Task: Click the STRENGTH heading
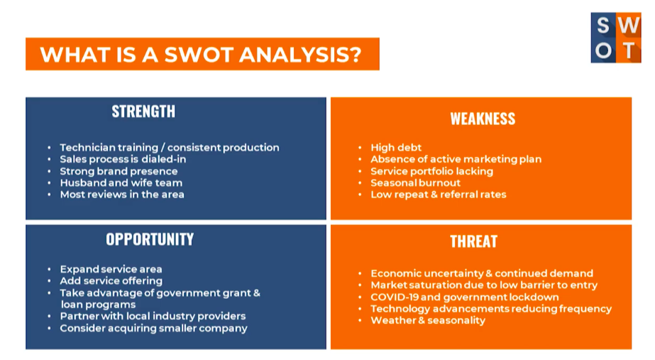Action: pyautogui.click(x=143, y=111)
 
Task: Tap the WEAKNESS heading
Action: pyautogui.click(x=483, y=119)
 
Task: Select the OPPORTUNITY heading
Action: pyautogui.click(x=150, y=239)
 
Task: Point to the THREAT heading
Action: pyautogui.click(x=474, y=241)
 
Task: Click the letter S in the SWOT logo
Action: pyautogui.click(x=602, y=26)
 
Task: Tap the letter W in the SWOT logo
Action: pyautogui.click(x=629, y=26)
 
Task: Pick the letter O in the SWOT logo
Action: pyautogui.click(x=604, y=51)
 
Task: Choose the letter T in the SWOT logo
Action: pyautogui.click(x=629, y=51)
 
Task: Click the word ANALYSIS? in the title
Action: pyautogui.click(x=300, y=55)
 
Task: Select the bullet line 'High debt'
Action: pyautogui.click(x=396, y=148)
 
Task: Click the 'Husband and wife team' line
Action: pyautogui.click(x=121, y=182)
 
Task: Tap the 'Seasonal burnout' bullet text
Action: pyautogui.click(x=415, y=182)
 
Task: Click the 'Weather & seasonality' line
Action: pyautogui.click(x=428, y=321)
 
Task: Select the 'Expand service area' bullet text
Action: pyautogui.click(x=111, y=269)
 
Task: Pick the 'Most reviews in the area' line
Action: pyautogui.click(x=122, y=195)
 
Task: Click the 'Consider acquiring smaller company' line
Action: pyautogui.click(x=154, y=328)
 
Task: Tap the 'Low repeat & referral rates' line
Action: pyautogui.click(x=438, y=195)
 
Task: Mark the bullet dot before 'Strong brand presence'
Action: pyautogui.click(x=49, y=171)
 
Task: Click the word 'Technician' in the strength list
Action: pyautogui.click(x=86, y=148)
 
